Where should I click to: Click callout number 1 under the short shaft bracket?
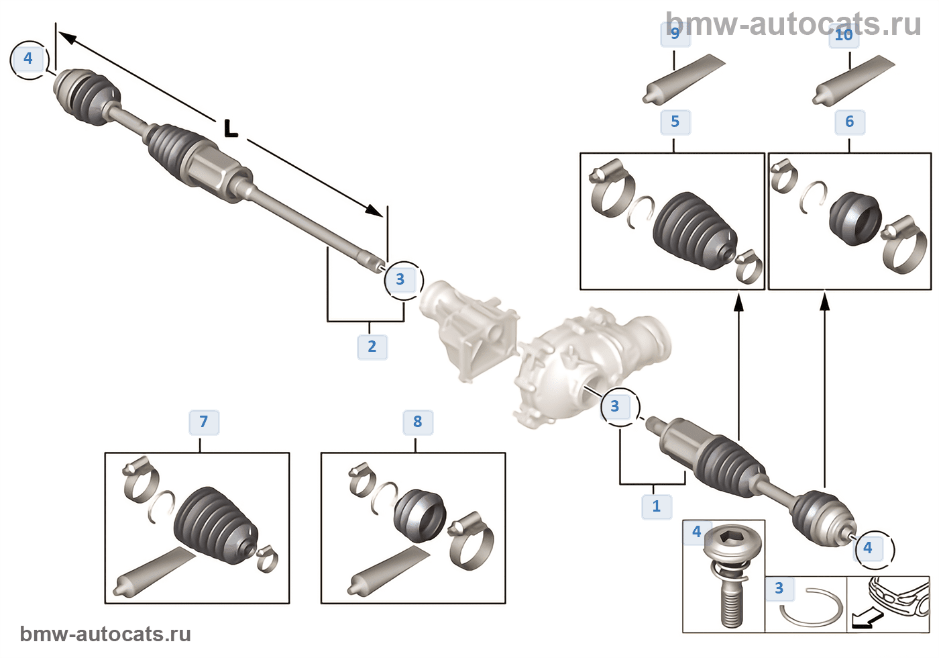pos(656,506)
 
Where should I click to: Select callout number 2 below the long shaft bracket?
pos(372,346)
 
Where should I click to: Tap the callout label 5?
pos(675,122)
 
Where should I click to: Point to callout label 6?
pos(849,122)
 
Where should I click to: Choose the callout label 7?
pos(204,422)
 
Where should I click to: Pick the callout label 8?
pos(417,422)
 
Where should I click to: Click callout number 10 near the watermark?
pos(844,35)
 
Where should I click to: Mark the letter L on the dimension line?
pos(231,128)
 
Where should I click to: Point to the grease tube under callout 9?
pos(684,81)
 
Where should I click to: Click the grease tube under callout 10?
pos(853,81)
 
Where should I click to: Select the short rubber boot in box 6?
pos(854,218)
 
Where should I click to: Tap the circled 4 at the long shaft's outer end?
pos(28,58)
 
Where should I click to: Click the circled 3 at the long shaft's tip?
pos(400,279)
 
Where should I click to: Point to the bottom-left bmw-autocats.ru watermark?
pos(105,634)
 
